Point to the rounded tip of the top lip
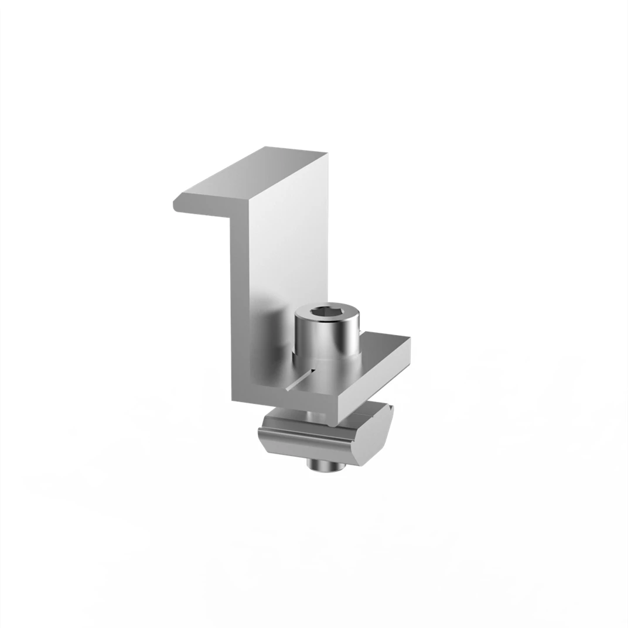176,206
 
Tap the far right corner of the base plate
408,340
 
